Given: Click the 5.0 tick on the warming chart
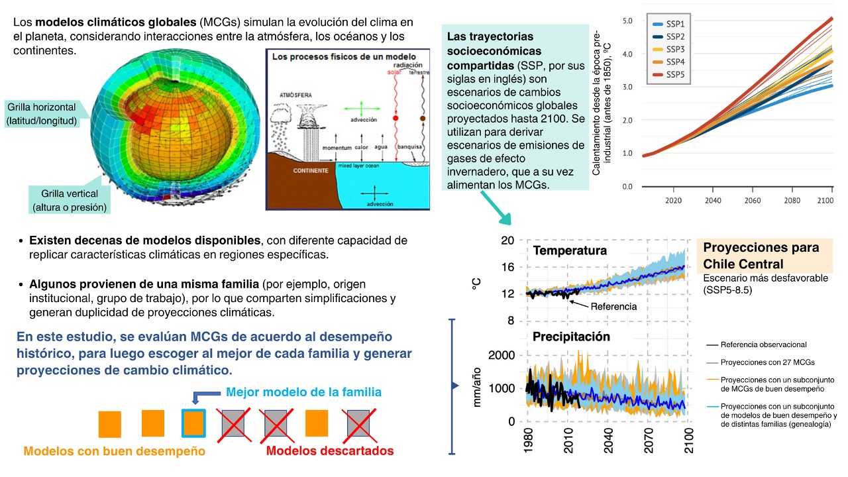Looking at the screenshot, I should [627, 21].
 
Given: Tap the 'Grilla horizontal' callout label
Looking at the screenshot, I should [41, 113].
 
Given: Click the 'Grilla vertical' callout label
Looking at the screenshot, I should [70, 200].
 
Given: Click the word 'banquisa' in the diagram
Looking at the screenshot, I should [409, 146].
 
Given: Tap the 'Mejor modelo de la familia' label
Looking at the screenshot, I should [303, 392].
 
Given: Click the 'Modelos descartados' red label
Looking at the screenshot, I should [329, 451].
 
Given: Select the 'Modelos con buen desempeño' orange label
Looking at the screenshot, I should [114, 451].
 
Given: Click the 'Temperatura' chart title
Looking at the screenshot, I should [570, 251].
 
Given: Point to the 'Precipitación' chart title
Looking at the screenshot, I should [571, 337].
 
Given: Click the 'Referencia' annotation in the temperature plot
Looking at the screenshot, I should [613, 307].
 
